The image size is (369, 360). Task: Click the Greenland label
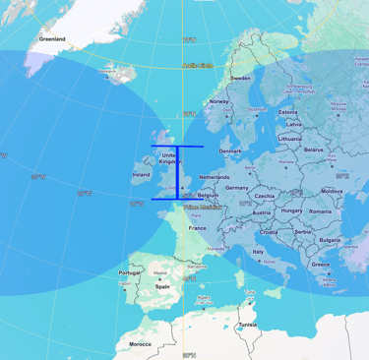(x=52, y=39)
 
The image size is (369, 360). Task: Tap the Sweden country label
(x=241, y=77)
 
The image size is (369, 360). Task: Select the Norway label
(x=218, y=101)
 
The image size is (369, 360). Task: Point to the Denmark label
(x=230, y=150)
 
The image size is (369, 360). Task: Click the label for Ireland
(x=141, y=176)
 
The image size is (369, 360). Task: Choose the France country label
(x=198, y=227)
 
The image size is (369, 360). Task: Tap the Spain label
(x=161, y=286)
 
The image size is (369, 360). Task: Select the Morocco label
(x=140, y=344)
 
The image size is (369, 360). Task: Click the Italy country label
(x=259, y=251)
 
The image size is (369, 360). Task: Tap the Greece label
(x=321, y=264)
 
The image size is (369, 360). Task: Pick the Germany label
(x=237, y=187)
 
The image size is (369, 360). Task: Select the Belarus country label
(x=314, y=150)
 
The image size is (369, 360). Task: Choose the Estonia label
(x=287, y=113)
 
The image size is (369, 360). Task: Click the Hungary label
(x=291, y=210)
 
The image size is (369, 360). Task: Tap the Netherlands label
(x=215, y=177)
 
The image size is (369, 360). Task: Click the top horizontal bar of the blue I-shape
(x=177, y=146)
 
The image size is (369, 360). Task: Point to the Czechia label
(x=264, y=197)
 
